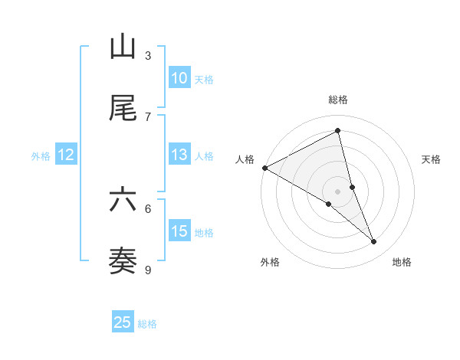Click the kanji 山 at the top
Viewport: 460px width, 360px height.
pyautogui.click(x=123, y=47)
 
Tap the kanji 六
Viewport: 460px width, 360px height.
pyautogui.click(x=123, y=201)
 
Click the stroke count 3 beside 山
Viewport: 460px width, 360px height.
pyautogui.click(x=148, y=55)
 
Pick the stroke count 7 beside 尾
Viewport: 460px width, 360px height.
pyautogui.click(x=148, y=116)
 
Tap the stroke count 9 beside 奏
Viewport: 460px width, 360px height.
pyautogui.click(x=148, y=270)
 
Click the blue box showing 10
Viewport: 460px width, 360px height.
pyautogui.click(x=179, y=77)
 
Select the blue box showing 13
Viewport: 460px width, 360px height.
pyautogui.click(x=179, y=155)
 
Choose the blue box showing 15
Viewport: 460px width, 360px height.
pyautogui.click(x=179, y=231)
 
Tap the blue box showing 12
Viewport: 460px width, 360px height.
pyautogui.click(x=66, y=155)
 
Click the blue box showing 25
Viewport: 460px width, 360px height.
pyautogui.click(x=123, y=322)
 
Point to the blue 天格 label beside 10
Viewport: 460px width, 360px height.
pyautogui.click(x=204, y=79)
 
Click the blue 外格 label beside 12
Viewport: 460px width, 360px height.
pyautogui.click(x=41, y=156)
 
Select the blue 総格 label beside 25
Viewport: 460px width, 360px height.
pyautogui.click(x=148, y=324)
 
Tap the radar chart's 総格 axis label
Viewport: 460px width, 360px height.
pyautogui.click(x=338, y=100)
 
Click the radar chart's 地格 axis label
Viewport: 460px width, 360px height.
pyautogui.click(x=402, y=262)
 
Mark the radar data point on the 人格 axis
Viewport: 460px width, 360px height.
pyautogui.click(x=264, y=168)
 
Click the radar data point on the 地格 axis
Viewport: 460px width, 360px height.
pyautogui.click(x=374, y=242)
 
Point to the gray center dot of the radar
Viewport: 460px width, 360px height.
pyautogui.click(x=338, y=191)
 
